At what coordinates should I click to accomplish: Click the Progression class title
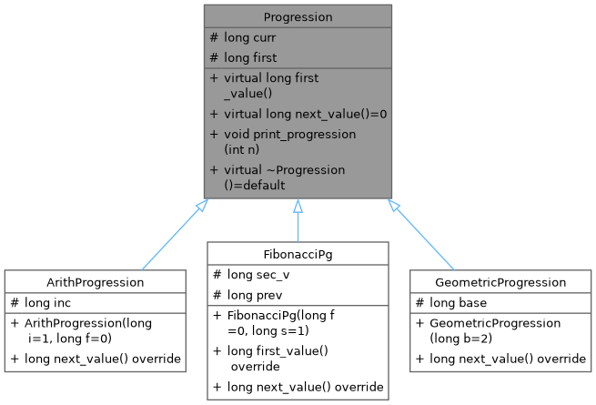click(x=298, y=16)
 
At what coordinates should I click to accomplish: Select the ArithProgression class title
click(x=94, y=282)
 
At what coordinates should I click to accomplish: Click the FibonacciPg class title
click(x=298, y=253)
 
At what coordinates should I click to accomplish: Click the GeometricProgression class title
click(x=500, y=282)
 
